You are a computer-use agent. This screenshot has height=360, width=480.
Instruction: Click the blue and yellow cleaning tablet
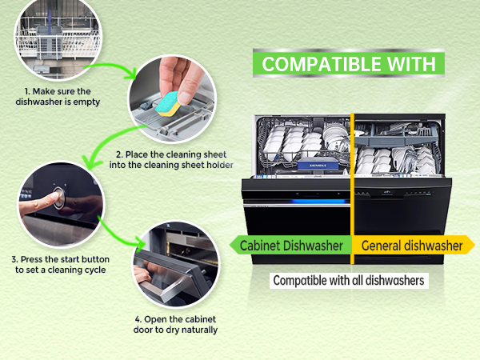click(168, 104)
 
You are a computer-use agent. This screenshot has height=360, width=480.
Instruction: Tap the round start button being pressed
click(59, 198)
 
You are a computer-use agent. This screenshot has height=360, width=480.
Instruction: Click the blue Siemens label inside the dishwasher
click(318, 166)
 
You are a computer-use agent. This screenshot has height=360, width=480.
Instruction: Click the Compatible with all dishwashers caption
click(349, 281)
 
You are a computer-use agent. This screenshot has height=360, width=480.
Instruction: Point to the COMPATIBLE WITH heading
click(349, 64)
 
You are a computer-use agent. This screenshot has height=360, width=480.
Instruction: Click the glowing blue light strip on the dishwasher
click(319, 202)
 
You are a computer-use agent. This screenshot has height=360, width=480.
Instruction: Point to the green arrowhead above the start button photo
click(90, 163)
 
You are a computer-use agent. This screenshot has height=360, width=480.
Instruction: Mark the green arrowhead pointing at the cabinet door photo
click(142, 243)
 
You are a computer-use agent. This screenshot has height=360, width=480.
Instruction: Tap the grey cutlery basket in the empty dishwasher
click(49, 43)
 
